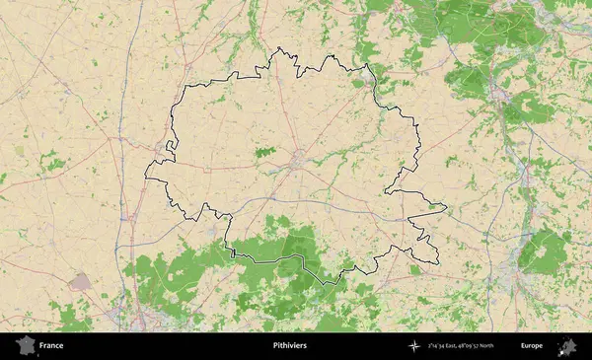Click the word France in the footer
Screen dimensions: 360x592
click(x=51, y=346)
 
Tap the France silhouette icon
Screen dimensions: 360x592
click(x=24, y=346)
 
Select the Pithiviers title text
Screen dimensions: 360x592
click(x=289, y=346)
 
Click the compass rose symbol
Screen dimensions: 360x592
click(x=414, y=346)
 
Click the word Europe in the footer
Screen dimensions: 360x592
click(x=532, y=346)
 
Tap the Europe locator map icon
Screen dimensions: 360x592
click(x=567, y=346)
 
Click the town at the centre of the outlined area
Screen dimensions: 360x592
click(x=297, y=158)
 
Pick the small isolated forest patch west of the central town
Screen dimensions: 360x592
click(x=263, y=152)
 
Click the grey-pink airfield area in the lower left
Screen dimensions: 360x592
click(x=80, y=282)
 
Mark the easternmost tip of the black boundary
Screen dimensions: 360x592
click(x=446, y=207)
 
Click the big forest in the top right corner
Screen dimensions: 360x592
click(x=464, y=25)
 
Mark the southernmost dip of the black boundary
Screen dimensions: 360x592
click(x=337, y=282)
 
